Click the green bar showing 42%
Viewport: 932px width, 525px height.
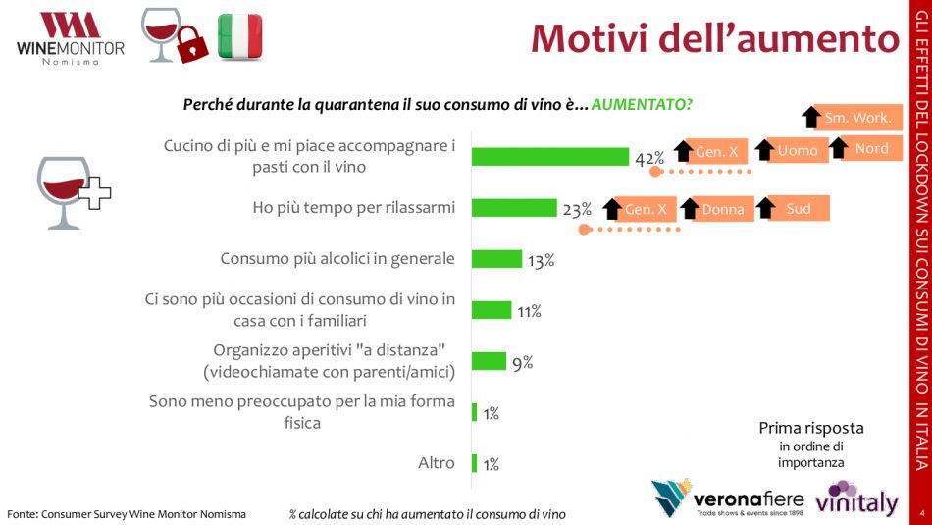(x=550, y=157)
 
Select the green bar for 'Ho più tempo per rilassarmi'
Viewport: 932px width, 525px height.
(x=514, y=208)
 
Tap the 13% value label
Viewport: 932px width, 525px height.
(x=542, y=260)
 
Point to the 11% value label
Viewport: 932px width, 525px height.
(x=529, y=311)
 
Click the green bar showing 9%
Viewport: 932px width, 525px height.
(x=489, y=361)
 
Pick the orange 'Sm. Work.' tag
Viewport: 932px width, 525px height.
(x=857, y=118)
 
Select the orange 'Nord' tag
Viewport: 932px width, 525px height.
(x=871, y=148)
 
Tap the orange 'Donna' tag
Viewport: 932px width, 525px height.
(x=724, y=209)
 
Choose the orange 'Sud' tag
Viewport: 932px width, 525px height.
(x=799, y=208)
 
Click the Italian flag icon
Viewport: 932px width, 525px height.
(x=240, y=36)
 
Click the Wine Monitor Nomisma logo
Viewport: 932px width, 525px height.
(x=70, y=39)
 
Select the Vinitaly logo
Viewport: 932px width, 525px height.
(x=855, y=499)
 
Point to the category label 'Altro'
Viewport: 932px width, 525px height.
(x=436, y=462)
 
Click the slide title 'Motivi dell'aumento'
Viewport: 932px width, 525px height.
(x=715, y=38)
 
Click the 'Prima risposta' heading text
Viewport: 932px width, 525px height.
(x=811, y=428)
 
